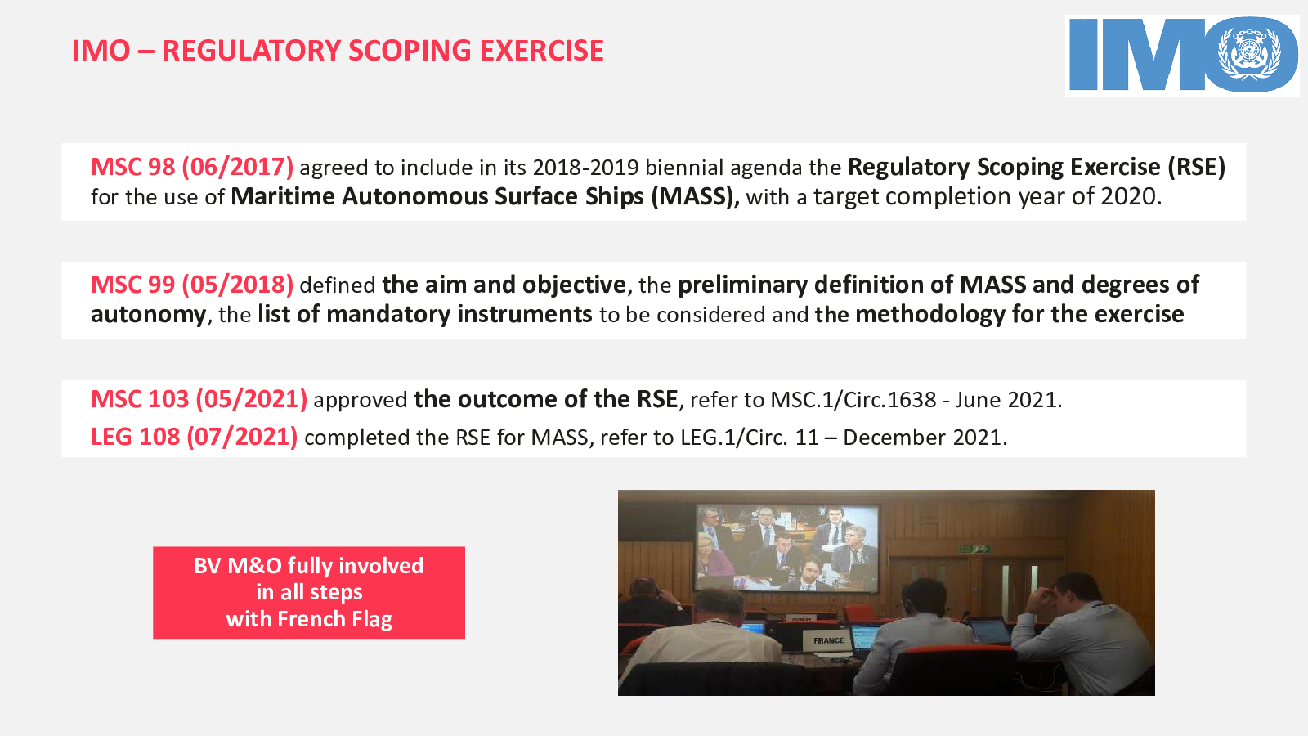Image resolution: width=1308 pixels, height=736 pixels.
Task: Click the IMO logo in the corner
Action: click(1182, 56)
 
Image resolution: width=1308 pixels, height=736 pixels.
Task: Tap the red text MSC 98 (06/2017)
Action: click(192, 167)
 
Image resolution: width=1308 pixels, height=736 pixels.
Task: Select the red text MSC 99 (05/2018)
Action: click(192, 285)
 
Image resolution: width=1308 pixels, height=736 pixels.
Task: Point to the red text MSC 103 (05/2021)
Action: click(199, 400)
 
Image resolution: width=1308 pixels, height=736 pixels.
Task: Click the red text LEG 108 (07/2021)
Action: click(195, 437)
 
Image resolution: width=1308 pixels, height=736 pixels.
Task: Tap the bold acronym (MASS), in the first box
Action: click(695, 196)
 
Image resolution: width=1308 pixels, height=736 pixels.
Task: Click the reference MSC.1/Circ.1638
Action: click(853, 400)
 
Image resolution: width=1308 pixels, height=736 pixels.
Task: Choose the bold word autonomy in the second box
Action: click(149, 315)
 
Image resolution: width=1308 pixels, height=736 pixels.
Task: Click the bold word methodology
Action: click(930, 314)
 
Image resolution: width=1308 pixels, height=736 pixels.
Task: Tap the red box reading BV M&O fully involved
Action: click(309, 592)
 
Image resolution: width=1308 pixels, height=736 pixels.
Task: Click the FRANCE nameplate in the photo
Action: click(829, 640)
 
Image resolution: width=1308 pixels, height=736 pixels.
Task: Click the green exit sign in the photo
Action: click(974, 549)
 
